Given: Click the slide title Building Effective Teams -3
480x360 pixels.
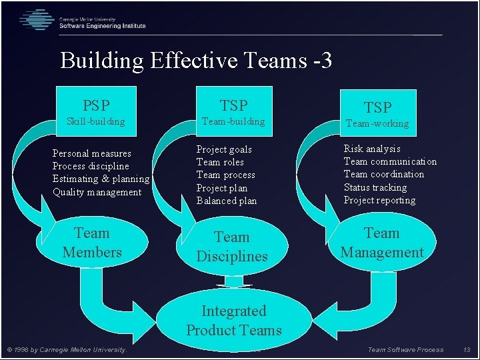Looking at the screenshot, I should [x=195, y=61].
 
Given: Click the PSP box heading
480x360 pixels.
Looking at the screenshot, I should [x=96, y=105].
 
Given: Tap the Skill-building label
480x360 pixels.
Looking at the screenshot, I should [x=95, y=121].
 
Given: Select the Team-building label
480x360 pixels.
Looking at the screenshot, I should [x=233, y=121].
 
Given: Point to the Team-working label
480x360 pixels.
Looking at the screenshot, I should [x=377, y=123].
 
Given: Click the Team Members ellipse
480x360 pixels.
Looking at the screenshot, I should [x=92, y=243].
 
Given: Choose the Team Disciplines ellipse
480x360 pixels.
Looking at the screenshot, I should [x=232, y=247].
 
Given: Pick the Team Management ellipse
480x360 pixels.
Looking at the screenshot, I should [x=382, y=243].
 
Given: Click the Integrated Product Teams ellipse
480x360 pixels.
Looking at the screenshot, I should [x=233, y=321].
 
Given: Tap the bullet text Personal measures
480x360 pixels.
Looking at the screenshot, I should [x=92, y=153].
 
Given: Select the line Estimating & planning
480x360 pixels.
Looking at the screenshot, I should [x=101, y=179].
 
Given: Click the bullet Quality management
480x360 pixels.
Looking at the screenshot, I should [x=97, y=192].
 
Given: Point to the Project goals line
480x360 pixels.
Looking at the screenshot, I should [x=224, y=149].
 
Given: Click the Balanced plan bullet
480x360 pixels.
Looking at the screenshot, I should [x=226, y=201].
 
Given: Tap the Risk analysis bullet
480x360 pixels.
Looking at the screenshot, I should [x=372, y=149].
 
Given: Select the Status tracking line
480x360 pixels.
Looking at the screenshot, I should [x=375, y=187].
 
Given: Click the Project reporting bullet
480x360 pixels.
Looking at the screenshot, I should [x=379, y=200].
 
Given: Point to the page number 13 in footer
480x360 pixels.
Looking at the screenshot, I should [x=467, y=350].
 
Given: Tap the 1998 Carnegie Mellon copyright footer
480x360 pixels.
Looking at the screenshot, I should [x=67, y=350].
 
